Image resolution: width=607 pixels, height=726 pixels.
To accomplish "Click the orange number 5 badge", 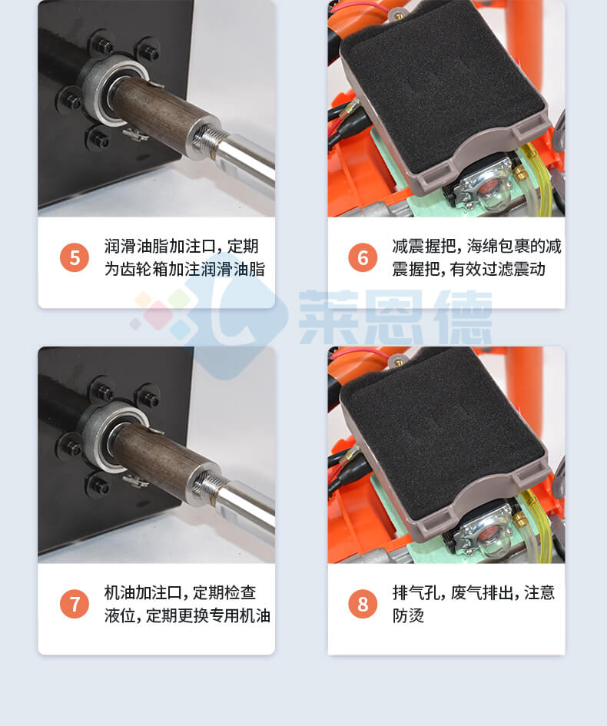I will coord(75,257).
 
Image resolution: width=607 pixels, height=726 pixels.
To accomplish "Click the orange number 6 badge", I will coord(363,257).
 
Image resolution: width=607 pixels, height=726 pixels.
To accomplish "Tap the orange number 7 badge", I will coord(75,604).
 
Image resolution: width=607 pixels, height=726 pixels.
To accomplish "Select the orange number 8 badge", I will coord(363,604).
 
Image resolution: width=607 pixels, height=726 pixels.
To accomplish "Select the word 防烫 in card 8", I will coord(408,615).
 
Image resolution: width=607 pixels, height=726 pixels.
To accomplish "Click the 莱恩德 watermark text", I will coord(395,317).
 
